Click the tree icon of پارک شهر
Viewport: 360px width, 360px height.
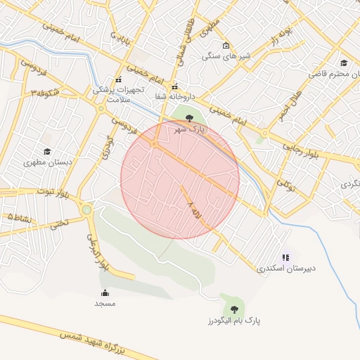[189, 118]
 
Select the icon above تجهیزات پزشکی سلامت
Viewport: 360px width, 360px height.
[118, 79]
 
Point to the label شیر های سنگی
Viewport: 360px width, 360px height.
[225, 56]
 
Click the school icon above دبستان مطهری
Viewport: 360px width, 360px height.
[47, 151]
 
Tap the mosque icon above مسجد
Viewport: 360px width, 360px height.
[105, 292]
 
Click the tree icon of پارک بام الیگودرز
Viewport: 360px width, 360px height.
[233, 309]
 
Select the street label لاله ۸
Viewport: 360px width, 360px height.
[196, 211]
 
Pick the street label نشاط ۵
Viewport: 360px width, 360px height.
[18, 219]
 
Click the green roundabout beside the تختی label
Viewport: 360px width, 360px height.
[86, 210]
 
